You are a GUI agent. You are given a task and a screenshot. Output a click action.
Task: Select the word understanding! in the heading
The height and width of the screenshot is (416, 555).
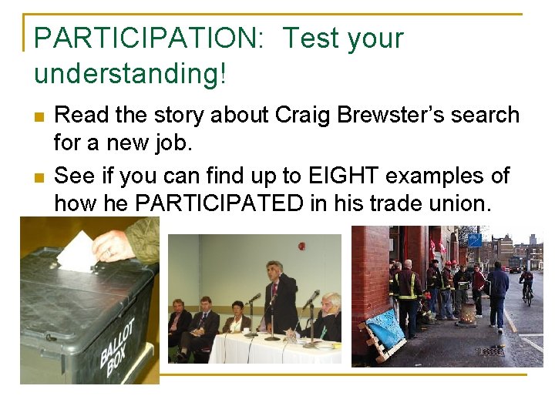pyautogui.click(x=130, y=74)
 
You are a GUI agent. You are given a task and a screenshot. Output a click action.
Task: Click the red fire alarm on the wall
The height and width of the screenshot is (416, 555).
pyautogui.click(x=301, y=247)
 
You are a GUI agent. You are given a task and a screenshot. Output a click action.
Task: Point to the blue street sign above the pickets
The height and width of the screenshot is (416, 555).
pyautogui.click(x=475, y=240)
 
